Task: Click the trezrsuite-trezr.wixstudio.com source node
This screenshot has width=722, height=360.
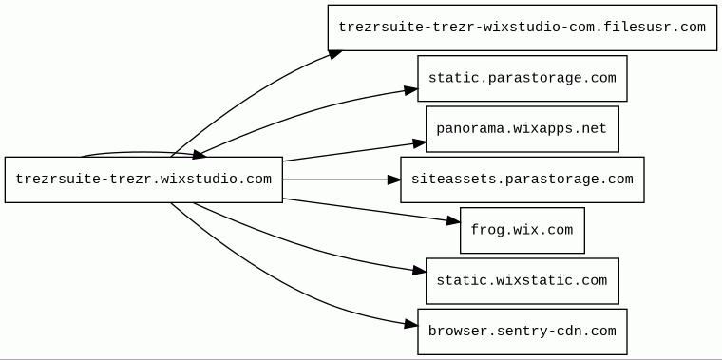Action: coord(143,180)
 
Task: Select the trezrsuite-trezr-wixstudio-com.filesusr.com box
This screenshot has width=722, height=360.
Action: coord(522,28)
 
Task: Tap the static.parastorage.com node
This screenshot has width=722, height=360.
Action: coord(522,78)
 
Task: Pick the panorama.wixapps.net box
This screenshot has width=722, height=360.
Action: coord(522,129)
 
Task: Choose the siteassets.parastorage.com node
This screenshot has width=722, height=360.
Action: coord(522,180)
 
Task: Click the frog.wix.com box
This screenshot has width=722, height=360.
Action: coord(522,230)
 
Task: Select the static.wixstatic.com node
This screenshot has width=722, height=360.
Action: coord(522,281)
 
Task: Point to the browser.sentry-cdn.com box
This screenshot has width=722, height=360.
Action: coord(522,332)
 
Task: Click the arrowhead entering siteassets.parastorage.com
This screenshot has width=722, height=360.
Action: coord(393,180)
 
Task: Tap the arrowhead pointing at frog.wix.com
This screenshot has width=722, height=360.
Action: coord(453,221)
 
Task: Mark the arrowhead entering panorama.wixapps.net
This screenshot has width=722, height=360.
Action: coord(420,143)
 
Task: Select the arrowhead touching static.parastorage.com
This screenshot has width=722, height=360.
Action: coord(411,90)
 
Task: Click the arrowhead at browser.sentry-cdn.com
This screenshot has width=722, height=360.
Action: coord(411,325)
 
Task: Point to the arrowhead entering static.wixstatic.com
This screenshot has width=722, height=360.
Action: coord(420,271)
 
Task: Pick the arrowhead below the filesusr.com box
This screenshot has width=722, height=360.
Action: coord(335,54)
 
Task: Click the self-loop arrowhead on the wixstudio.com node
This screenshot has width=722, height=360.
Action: coord(199,155)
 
